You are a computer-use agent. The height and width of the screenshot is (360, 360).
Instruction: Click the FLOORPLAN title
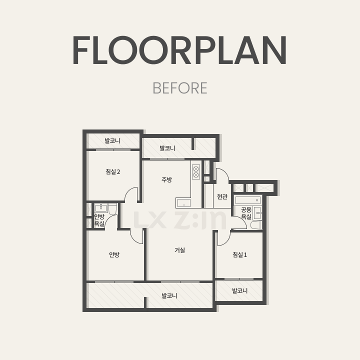179,50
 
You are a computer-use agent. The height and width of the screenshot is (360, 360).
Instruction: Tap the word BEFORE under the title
180,88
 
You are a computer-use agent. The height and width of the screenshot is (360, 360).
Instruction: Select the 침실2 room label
112,171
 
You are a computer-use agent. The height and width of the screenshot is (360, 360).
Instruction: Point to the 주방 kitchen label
166,179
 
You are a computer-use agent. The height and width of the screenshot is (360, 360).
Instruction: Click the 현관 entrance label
222,196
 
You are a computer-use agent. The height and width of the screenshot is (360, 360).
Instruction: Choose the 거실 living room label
180,250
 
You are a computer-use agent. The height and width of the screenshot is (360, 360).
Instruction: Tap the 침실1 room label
239,254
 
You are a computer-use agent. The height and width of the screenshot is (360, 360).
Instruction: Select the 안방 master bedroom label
114,254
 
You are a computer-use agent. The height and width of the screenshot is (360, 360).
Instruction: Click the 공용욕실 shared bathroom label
246,213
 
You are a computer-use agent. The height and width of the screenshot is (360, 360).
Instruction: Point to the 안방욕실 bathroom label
99,220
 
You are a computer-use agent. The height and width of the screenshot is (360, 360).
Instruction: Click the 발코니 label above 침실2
112,140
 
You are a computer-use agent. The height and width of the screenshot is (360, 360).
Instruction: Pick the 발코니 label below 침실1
239,290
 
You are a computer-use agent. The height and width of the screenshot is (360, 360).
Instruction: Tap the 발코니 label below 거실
169,295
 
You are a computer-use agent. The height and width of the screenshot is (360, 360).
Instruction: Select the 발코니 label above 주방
167,148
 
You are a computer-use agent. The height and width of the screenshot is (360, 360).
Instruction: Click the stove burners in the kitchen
196,172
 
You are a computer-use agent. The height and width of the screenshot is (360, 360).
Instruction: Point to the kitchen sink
183,202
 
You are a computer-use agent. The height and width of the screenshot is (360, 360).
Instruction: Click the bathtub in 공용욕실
248,200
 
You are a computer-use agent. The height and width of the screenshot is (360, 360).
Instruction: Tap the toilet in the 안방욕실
112,209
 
